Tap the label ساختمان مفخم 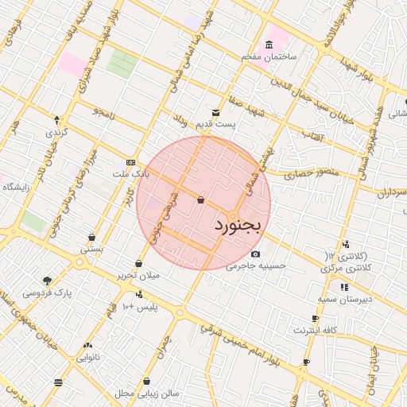[270, 57]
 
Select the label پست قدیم [216, 125]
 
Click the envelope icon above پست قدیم [215, 112]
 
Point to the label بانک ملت [130, 172]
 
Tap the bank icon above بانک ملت [130, 161]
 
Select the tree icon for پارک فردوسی [47, 280]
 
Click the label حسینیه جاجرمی [254, 266]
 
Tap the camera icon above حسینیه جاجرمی [254, 254]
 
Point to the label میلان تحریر [139, 275]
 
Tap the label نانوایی [87, 358]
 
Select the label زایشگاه [16, 187]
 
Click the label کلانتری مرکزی [348, 269]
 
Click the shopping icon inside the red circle [200, 200]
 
